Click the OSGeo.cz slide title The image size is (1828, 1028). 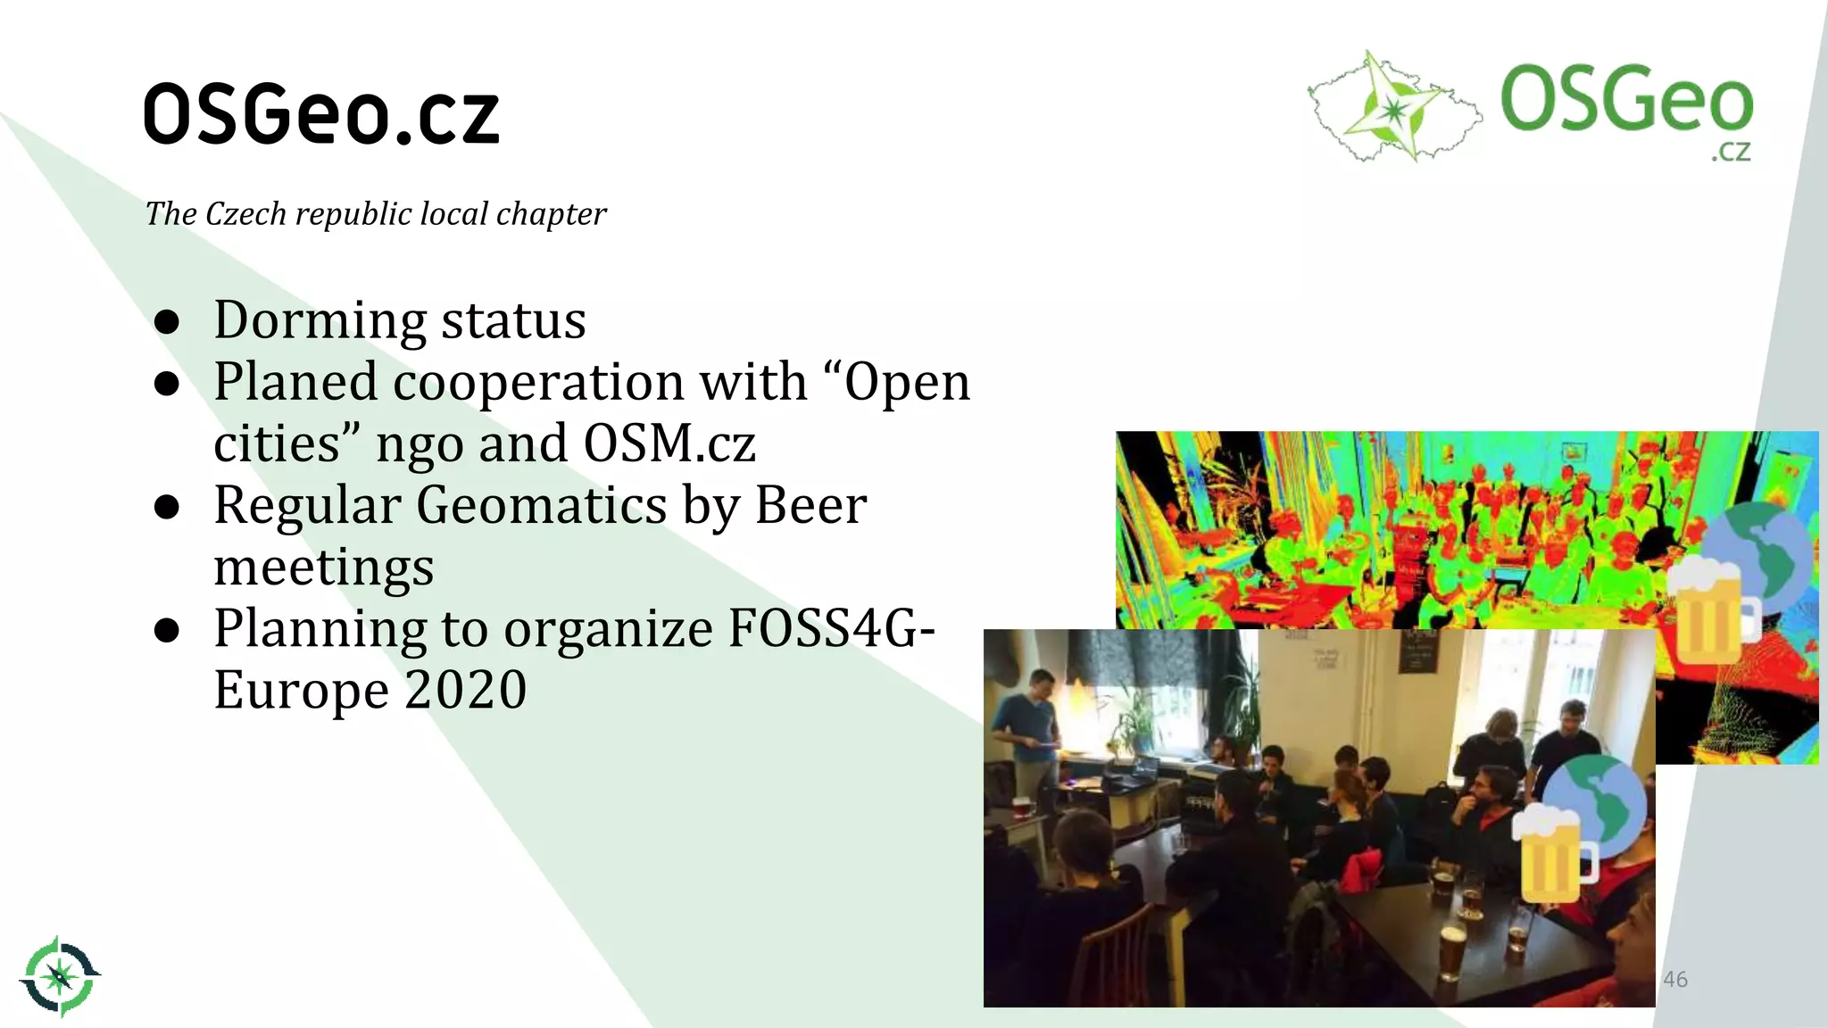[321, 114]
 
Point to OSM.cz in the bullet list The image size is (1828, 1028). [669, 444]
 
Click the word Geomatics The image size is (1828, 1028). [541, 505]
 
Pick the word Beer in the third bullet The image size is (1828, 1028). [810, 505]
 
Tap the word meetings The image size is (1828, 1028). [324, 568]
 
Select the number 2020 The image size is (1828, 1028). [465, 690]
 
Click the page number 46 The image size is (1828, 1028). [1675, 979]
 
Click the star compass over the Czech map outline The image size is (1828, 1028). [1392, 107]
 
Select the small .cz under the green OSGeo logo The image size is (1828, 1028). [1730, 152]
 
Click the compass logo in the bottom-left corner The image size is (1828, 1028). [60, 976]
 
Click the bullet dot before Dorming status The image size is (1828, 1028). [167, 321]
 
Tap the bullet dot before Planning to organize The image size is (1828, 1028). [167, 630]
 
